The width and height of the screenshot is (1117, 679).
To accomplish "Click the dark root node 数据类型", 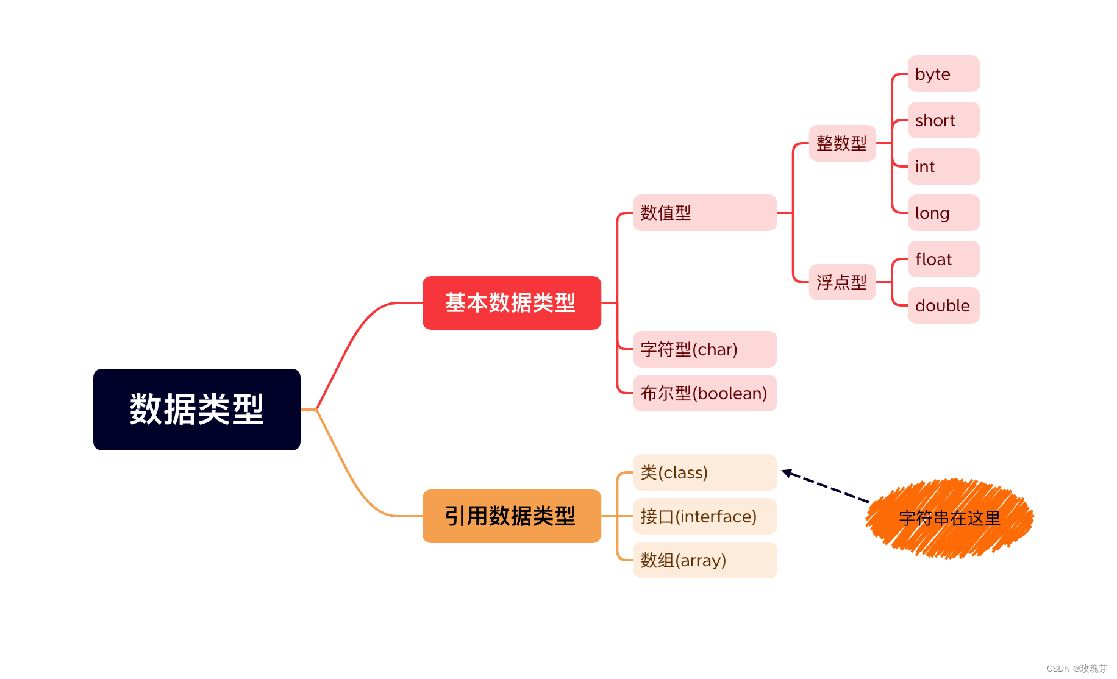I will pos(196,409).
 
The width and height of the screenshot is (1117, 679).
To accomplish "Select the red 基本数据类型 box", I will pos(511,302).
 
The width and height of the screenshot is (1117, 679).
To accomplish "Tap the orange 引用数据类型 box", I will pos(511,516).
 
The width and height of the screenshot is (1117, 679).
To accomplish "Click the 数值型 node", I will pos(704,213).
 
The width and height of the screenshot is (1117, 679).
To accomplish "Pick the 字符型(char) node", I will pos(704,349).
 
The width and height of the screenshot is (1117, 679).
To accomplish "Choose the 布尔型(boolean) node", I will pos(704,393).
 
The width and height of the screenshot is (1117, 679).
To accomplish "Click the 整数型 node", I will pos(841,143).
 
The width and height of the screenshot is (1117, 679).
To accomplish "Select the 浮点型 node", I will pos(841,282).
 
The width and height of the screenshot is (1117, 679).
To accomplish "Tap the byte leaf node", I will pos(943,74).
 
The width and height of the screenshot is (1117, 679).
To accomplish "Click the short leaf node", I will pos(943,120).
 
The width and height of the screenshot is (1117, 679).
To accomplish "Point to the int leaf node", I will pos(943,166).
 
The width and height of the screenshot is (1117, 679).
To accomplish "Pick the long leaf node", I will pos(943,213).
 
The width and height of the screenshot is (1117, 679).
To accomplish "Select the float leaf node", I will pos(943,259).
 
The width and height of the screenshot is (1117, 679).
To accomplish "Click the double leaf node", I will pos(943,305).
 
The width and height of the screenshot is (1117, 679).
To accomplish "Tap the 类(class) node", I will pos(704,472).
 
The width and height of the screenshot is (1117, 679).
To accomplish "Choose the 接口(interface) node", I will pos(704,516).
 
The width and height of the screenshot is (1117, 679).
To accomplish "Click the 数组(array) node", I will pos(704,560).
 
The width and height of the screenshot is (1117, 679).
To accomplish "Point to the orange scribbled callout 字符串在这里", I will pos(949,518).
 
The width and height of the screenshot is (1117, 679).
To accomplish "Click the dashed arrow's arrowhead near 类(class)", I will pos(787,472).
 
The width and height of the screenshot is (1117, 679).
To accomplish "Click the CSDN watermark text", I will pos(1076,669).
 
